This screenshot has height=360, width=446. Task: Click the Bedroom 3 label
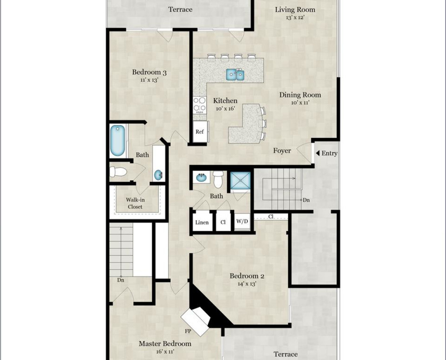149,72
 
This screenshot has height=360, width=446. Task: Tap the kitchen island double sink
236,75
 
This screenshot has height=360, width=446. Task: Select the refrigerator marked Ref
200,132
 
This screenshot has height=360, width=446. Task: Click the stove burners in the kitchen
200,104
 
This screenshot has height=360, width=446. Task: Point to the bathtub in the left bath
118,140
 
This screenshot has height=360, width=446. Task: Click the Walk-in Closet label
135,203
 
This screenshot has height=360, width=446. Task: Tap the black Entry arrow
318,153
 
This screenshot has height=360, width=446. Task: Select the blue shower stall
240,182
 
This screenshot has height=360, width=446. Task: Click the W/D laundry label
242,221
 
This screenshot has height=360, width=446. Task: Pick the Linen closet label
202,222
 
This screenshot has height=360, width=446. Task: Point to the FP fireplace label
188,331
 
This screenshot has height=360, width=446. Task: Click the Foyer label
282,151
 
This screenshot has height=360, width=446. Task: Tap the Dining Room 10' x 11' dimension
300,103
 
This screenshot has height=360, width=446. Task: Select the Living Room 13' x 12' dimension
295,17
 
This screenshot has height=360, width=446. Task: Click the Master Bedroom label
165,344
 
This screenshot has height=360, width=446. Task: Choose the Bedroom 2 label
247,276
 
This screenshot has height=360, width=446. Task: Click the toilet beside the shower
218,179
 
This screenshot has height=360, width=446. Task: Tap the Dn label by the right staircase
306,200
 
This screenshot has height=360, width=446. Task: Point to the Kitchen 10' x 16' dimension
225,109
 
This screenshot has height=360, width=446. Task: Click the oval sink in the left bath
158,175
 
